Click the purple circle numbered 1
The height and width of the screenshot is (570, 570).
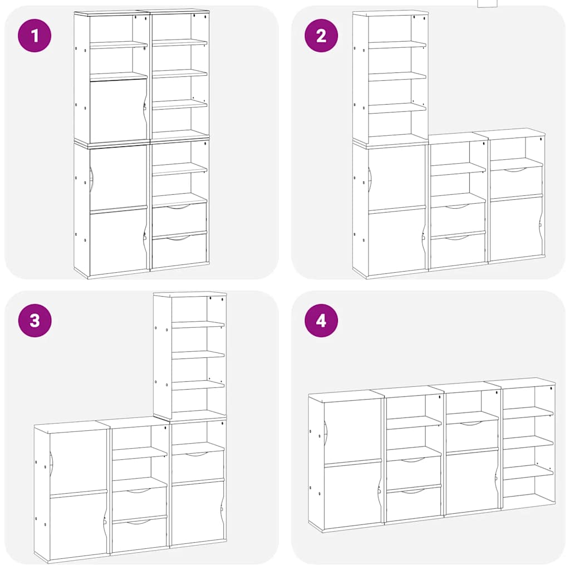coord(35,36)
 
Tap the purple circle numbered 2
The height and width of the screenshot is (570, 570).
coord(321,36)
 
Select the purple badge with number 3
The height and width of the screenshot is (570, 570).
coord(35,320)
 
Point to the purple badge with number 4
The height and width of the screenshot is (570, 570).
coord(321,320)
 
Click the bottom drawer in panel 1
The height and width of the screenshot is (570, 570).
coord(179,251)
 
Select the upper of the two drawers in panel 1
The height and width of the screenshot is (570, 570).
coord(179,219)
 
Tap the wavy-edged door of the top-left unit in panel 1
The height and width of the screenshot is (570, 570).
coord(117,111)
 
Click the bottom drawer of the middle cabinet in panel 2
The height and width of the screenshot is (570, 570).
coord(458,252)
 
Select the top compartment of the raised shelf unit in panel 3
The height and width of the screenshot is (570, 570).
coord(189,309)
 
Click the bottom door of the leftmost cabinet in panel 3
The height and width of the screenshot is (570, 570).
coord(78,524)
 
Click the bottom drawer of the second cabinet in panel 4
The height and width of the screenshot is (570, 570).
coord(413,504)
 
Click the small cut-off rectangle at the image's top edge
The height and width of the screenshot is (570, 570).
coord(487,3)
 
